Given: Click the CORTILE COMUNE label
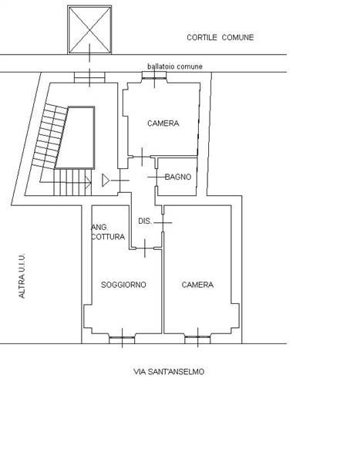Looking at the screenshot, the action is [x=220, y=38].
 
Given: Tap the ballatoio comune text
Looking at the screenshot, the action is [x=175, y=66].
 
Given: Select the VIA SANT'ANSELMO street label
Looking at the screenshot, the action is [x=169, y=371].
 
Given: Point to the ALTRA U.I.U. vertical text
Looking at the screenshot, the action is [x=22, y=275].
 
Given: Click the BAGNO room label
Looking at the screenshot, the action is [x=178, y=177].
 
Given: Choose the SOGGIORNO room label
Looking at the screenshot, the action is [x=123, y=285].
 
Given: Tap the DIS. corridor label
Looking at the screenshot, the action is [x=145, y=221].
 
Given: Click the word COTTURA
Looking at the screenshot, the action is [x=108, y=237].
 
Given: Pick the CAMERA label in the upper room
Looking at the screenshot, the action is [x=163, y=123].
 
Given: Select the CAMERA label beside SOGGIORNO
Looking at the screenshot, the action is [x=197, y=285].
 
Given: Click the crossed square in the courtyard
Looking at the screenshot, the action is [x=89, y=30].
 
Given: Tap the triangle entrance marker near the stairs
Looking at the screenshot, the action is [x=106, y=180].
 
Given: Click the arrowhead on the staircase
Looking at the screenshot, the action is [x=88, y=182].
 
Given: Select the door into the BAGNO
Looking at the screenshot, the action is [x=156, y=177].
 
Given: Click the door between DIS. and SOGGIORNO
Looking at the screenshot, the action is [x=145, y=248].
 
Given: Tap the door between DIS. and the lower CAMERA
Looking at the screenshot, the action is [x=163, y=222].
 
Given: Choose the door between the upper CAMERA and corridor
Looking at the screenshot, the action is [x=142, y=157].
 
